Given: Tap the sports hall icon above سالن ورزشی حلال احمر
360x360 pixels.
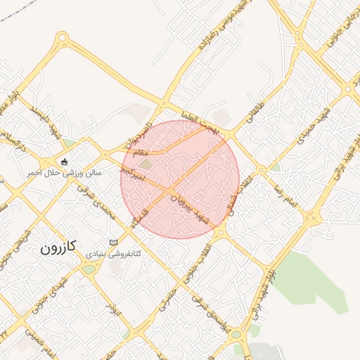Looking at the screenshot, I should click(65, 161).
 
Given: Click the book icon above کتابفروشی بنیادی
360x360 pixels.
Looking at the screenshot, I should click(114, 243).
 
